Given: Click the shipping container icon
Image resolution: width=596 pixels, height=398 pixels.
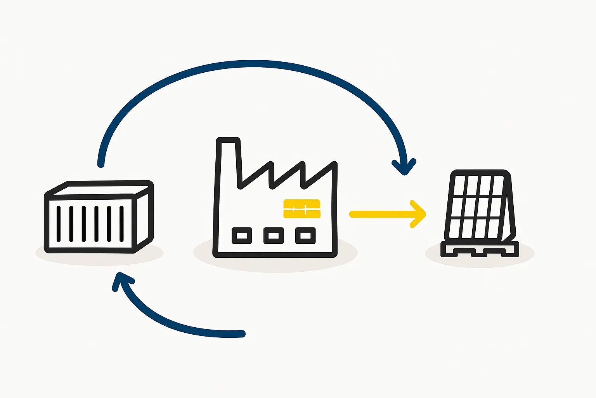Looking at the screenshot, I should coord(99,218).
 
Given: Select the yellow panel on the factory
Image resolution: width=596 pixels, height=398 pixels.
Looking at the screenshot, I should coord(302,209).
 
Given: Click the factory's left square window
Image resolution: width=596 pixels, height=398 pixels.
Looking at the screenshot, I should coord(242,236).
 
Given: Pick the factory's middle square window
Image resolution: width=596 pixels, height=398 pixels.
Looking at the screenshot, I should coord(274,236).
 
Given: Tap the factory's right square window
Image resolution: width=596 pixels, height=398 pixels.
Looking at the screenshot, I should coord(305,236).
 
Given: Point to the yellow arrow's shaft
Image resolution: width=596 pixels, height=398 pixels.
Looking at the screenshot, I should coord(380,214).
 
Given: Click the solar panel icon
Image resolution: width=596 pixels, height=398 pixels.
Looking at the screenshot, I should coord(480,206).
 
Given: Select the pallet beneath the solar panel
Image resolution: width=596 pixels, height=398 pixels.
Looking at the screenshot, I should coord(480,250).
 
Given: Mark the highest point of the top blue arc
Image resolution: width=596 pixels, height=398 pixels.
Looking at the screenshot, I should coord(254,64).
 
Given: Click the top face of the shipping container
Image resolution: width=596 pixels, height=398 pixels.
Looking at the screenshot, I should coord(101,189).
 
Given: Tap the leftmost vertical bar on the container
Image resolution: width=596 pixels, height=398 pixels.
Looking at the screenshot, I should coord(59,223).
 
